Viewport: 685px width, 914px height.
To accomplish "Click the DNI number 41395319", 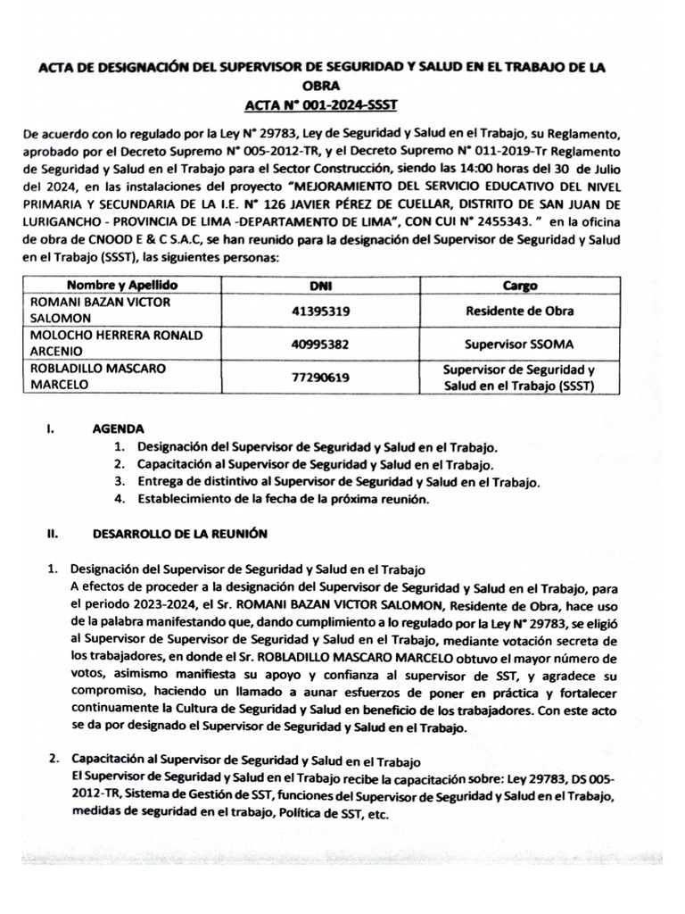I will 319,312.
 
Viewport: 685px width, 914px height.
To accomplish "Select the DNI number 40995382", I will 319,344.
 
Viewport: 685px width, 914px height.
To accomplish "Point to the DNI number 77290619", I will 319,377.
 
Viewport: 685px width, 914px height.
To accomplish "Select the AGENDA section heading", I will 118,428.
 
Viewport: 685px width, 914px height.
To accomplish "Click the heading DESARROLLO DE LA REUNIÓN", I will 180,534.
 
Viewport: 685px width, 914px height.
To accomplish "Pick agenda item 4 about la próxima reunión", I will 284,500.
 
